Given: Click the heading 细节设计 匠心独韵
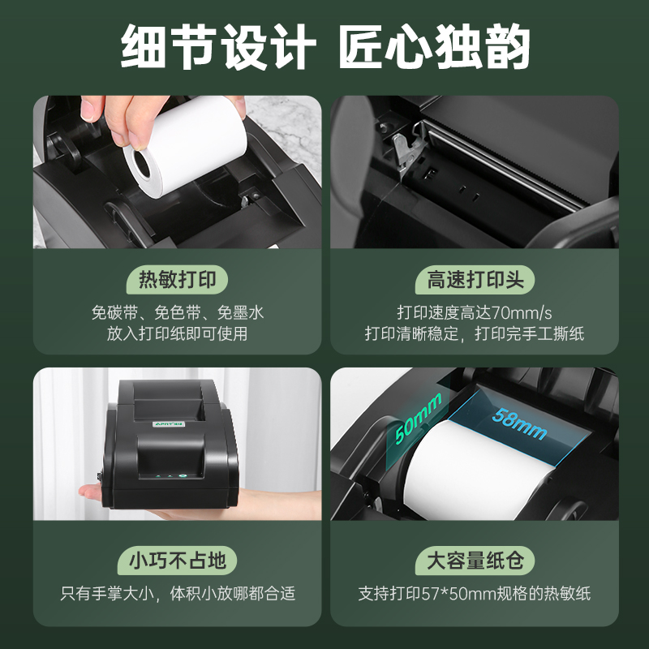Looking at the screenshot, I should pyautogui.click(x=324, y=47).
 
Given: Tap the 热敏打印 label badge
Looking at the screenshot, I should pyautogui.click(x=178, y=281).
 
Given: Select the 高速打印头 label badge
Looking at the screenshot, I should pyautogui.click(x=475, y=281).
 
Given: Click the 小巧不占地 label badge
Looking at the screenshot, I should pyautogui.click(x=178, y=560).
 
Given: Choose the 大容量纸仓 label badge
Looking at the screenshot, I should pyautogui.click(x=475, y=560).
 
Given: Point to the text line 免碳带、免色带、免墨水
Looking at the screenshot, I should pyautogui.click(x=178, y=312).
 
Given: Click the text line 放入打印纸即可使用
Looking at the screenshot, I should pyautogui.click(x=178, y=333).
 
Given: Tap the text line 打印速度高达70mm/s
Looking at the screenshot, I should pyautogui.click(x=475, y=312).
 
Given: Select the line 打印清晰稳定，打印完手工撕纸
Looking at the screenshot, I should pyautogui.click(x=475, y=333).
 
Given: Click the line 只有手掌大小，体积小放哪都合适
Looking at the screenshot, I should pyautogui.click(x=178, y=593).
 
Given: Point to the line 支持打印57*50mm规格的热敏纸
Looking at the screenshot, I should pyautogui.click(x=475, y=593).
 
